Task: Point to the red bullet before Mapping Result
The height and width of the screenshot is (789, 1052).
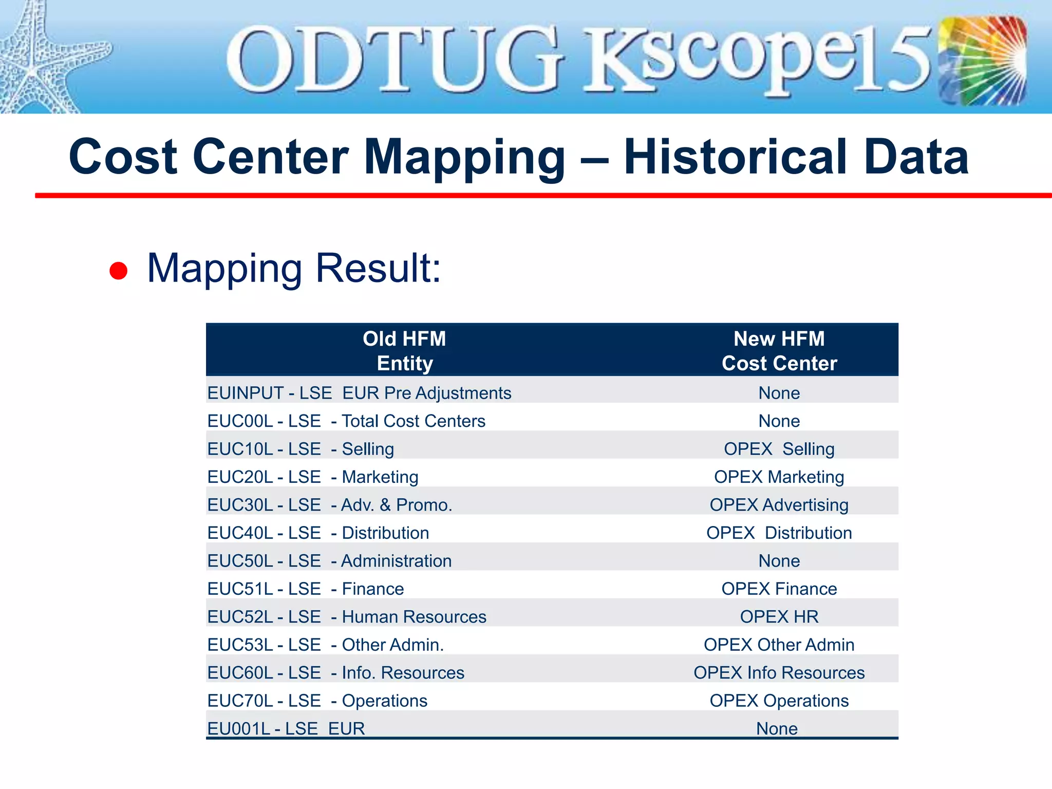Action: [119, 271]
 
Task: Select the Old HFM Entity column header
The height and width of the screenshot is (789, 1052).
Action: [405, 351]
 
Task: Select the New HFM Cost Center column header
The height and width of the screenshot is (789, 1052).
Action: [779, 351]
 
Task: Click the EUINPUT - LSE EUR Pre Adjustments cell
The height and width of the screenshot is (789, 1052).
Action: [359, 393]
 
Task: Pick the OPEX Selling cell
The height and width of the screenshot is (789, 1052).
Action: [779, 449]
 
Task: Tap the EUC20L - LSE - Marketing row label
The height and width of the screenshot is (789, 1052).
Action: [313, 477]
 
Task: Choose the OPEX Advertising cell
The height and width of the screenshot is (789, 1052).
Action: [779, 505]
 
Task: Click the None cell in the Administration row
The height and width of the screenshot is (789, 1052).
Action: [779, 561]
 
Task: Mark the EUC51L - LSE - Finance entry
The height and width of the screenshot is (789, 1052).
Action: [306, 589]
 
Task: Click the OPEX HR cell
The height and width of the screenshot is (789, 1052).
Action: [779, 617]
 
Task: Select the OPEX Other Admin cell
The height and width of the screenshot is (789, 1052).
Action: [779, 645]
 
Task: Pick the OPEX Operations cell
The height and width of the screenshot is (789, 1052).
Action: [779, 701]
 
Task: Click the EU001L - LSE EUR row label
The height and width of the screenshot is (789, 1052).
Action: [286, 728]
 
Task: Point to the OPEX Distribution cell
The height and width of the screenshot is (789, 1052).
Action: [779, 533]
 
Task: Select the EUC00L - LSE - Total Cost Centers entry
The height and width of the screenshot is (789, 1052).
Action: [346, 421]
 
